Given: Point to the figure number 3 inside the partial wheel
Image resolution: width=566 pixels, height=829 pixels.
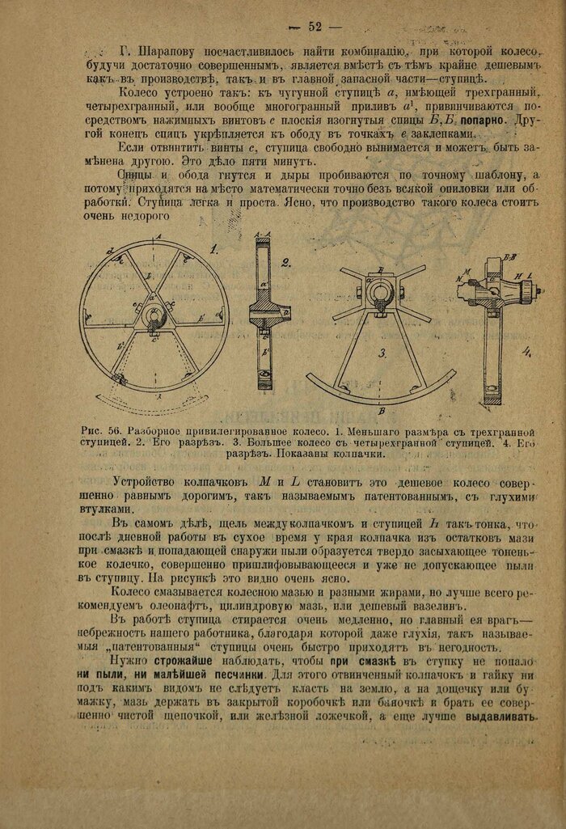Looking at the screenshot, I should point(382,352).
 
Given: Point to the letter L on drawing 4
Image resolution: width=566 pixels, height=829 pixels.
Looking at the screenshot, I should point(530,275).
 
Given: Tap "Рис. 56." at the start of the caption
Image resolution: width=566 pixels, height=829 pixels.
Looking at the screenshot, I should point(99,430).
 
